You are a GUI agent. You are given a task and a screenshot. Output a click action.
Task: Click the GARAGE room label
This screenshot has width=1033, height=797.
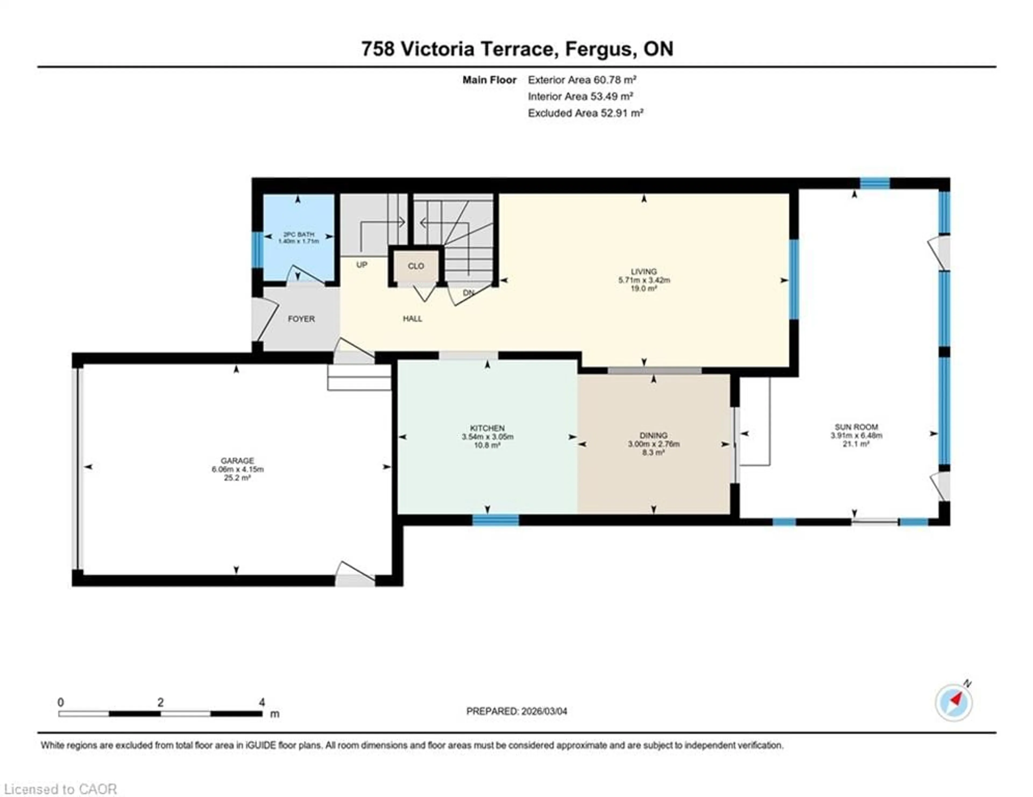click(x=238, y=460)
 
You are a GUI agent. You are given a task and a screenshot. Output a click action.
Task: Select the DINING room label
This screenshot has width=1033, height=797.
click(x=653, y=435)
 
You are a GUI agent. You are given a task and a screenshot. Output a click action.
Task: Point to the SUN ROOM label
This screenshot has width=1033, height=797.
click(x=856, y=427)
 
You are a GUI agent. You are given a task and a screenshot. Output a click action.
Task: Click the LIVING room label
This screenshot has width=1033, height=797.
click(x=644, y=271)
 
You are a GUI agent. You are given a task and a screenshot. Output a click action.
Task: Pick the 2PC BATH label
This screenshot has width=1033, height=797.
click(x=298, y=234)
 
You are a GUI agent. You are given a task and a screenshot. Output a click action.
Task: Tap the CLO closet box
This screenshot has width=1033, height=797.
click(x=416, y=266)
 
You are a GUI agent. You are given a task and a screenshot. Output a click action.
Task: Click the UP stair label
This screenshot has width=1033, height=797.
click(x=362, y=265)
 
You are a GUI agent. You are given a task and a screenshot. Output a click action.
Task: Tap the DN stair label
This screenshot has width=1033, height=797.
click(x=468, y=293)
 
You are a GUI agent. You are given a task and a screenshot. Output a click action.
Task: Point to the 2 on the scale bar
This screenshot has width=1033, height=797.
click(x=161, y=702)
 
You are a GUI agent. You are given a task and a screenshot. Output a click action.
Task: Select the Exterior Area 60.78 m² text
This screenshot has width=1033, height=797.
click(x=582, y=80)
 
